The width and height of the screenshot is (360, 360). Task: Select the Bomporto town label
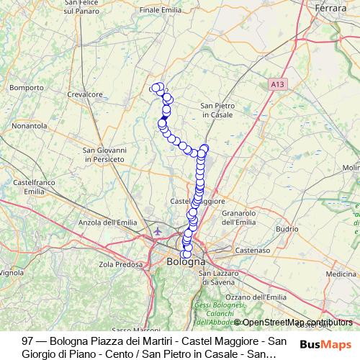[27, 88]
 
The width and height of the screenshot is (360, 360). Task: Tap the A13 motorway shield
[277, 84]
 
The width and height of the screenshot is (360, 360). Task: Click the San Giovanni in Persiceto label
[106, 154]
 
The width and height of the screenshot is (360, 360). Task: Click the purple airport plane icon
[158, 231]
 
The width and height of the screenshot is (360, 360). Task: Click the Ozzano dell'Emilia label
[256, 297]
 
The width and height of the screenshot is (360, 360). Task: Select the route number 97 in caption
[28, 340]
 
